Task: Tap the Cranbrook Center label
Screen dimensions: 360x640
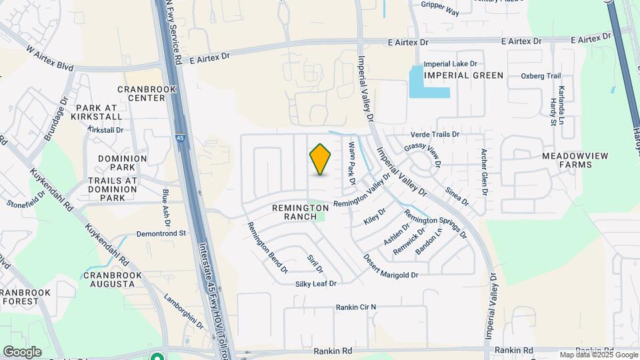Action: tap(141, 93)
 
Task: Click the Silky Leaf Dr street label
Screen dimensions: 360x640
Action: tap(316, 284)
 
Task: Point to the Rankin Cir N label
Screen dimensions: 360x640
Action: tap(356, 307)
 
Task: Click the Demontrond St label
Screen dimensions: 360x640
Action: tap(161, 234)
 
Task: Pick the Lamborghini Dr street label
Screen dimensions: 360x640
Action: tap(183, 312)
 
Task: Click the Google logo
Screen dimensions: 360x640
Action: tap(22, 352)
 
